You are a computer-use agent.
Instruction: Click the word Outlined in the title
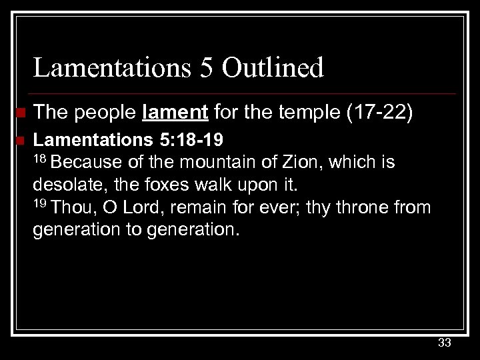coord(274,67)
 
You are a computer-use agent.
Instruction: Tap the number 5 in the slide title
coord(207,67)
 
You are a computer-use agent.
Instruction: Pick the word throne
coord(363,207)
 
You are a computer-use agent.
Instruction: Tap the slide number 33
coord(445,343)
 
